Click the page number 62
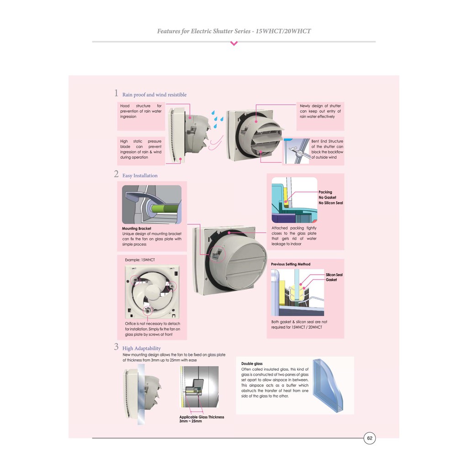pos(370,438)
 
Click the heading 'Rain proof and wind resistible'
pos(154,95)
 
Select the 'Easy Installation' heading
pos(139,175)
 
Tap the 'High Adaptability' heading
pos(141,348)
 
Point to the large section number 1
pos(116,93)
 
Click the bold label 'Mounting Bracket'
pos(136,228)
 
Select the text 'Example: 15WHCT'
pos(140,260)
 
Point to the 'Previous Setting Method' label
pos(290,264)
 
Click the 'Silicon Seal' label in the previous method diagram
pos(334,275)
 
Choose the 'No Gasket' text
pos(327,197)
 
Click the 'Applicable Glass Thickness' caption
pos(202,417)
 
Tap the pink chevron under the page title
pos(234,44)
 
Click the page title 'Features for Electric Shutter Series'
pos(234,31)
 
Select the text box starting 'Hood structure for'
pos(141,111)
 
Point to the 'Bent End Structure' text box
pos(327,149)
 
